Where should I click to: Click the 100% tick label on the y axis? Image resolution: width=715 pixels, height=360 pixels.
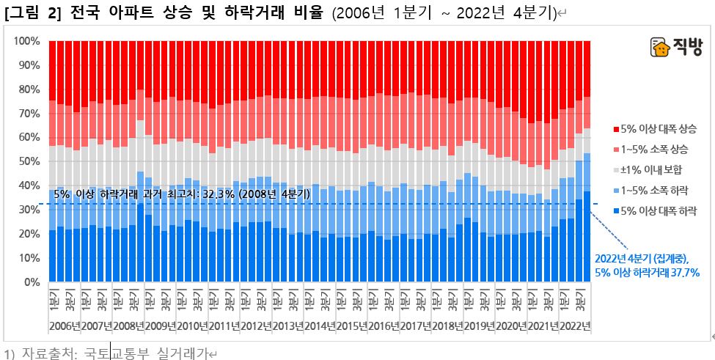tap(26, 41)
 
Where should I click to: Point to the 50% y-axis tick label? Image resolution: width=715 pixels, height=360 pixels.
tap(29, 162)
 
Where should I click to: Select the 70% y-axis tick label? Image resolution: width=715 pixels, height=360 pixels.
tap(29, 114)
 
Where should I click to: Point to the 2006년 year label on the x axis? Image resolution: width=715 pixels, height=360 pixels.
tap(65, 326)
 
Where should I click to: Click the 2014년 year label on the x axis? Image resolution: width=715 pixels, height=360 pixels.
tap(320, 326)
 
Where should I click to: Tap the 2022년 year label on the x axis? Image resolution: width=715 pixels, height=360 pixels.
tap(574, 326)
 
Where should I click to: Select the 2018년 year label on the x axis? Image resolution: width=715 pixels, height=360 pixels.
tap(447, 326)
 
